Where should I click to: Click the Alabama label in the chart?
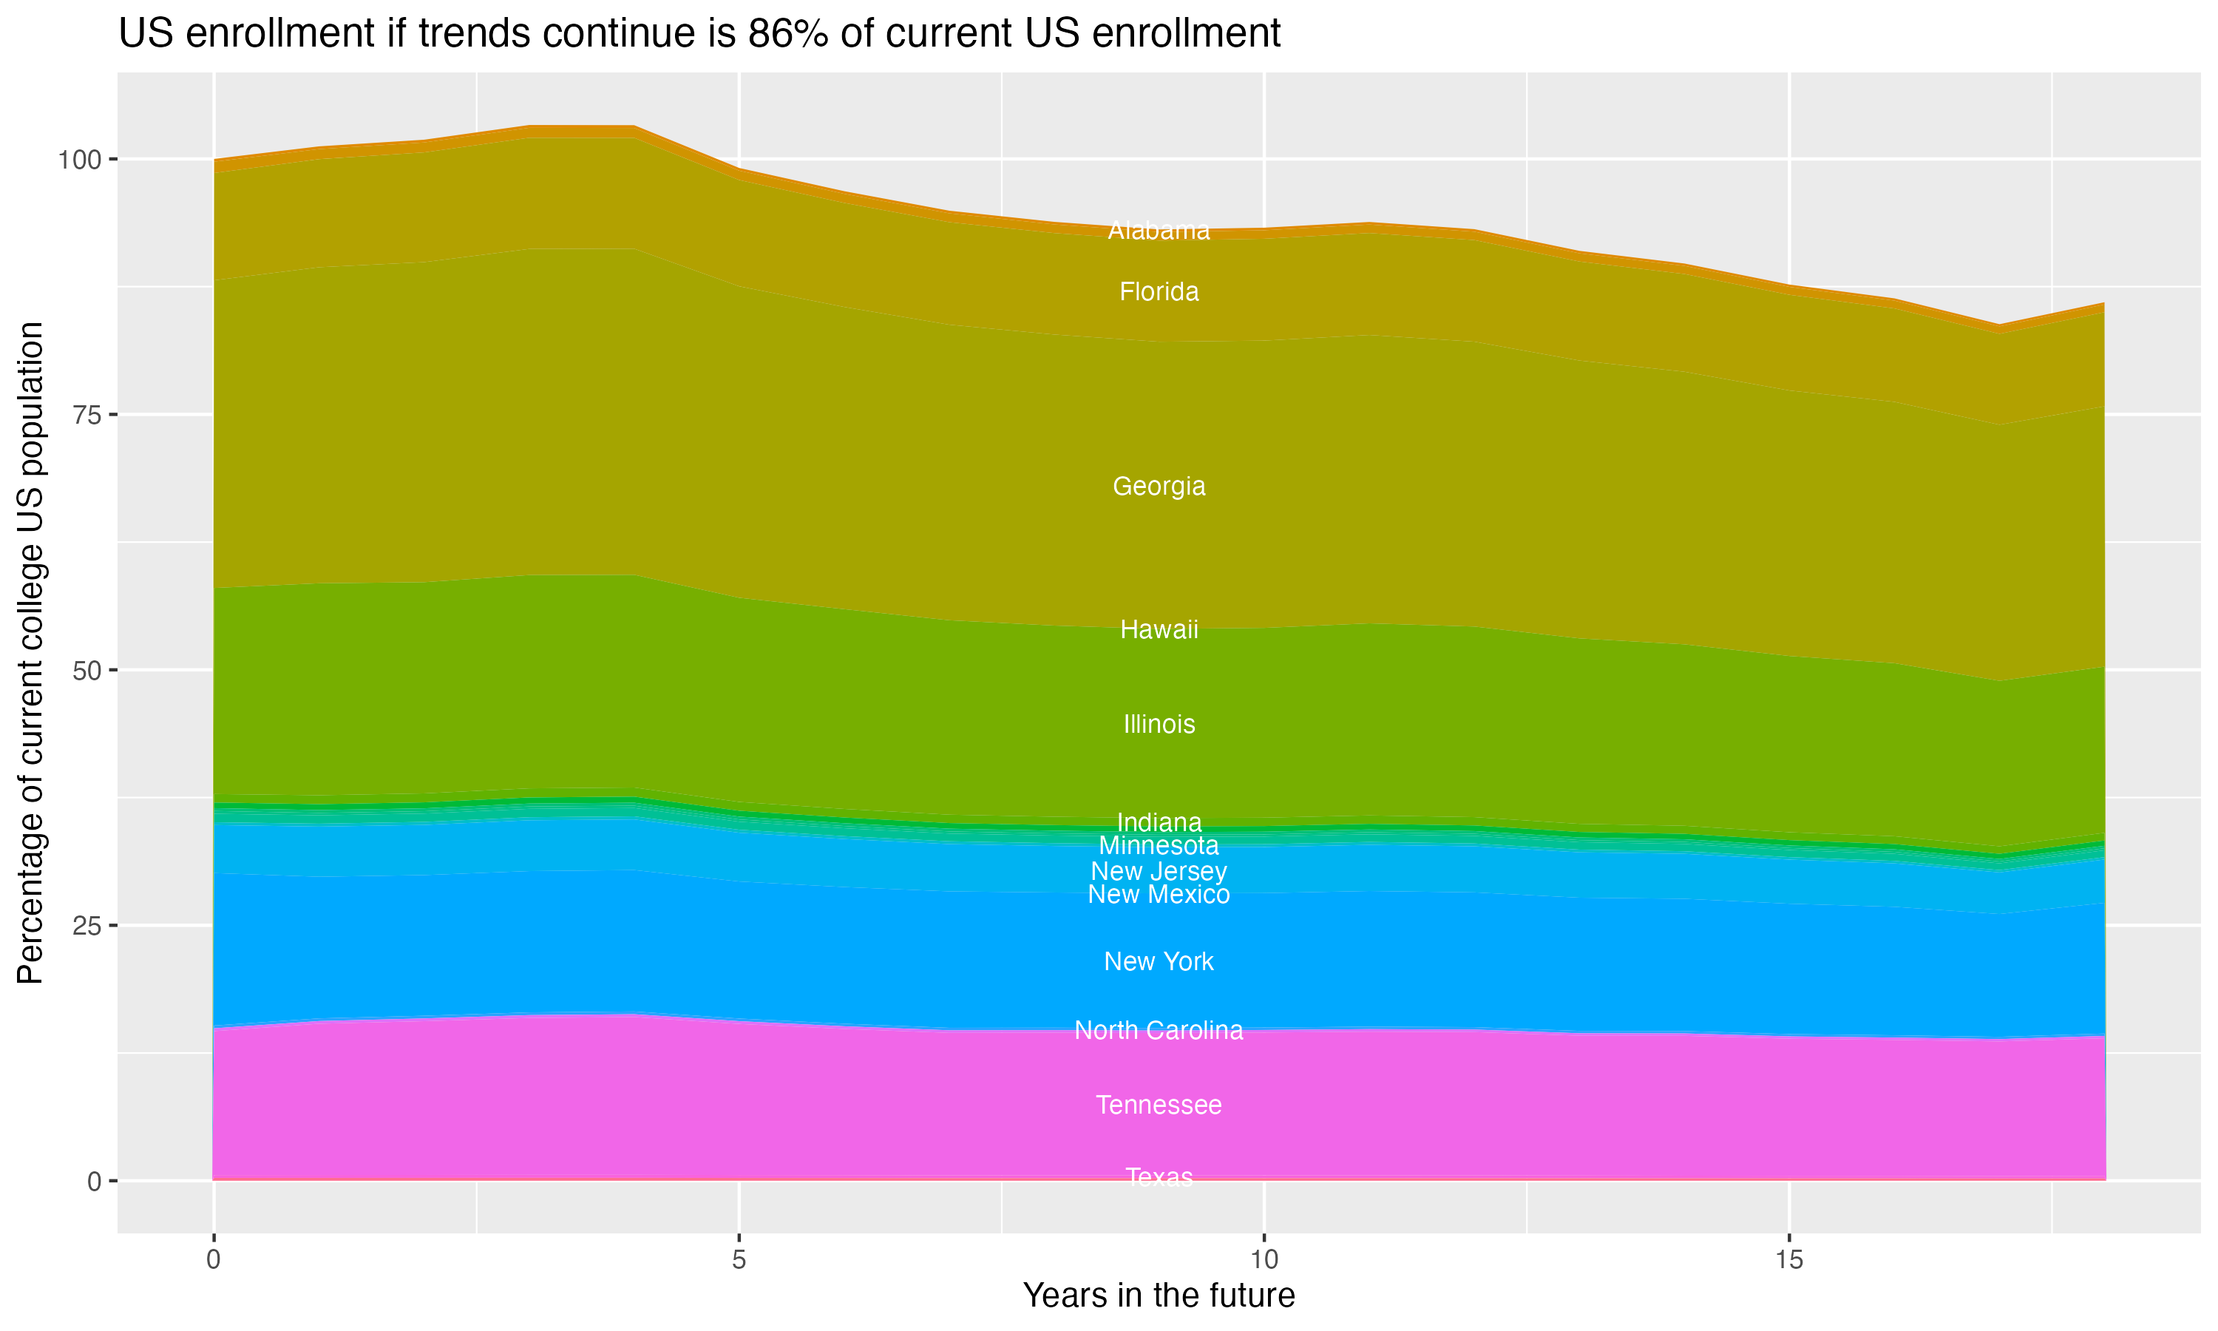point(1159,231)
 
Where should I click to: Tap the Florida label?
point(1159,291)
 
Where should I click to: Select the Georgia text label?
point(1159,486)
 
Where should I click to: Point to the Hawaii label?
point(1159,629)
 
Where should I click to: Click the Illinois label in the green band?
point(1159,724)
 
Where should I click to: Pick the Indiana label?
point(1159,822)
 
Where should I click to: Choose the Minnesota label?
point(1159,845)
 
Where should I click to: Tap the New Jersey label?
point(1159,871)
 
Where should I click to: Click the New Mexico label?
point(1159,894)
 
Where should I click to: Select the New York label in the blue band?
point(1159,961)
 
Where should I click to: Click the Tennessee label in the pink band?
point(1159,1105)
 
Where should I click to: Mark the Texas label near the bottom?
point(1159,1176)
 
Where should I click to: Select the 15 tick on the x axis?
point(1788,1260)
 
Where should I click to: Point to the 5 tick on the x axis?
point(739,1260)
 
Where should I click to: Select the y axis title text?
point(30,652)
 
